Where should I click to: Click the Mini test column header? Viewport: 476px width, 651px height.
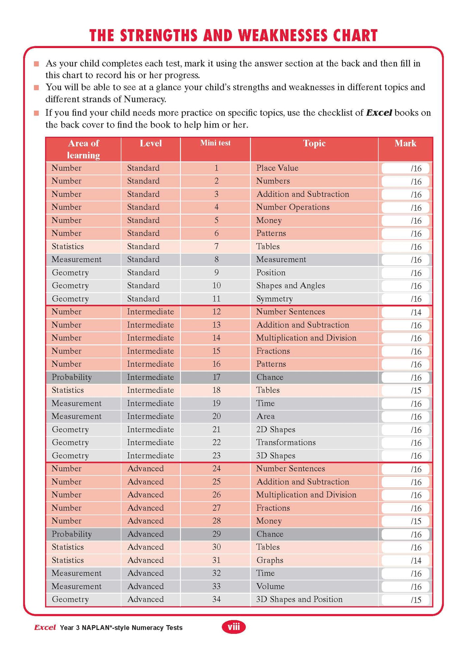[x=215, y=143]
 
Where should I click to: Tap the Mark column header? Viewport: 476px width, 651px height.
[x=405, y=143]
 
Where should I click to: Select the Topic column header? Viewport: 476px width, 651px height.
[x=314, y=143]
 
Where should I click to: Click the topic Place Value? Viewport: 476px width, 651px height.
[x=277, y=168]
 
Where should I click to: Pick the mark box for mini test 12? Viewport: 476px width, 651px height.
[x=405, y=312]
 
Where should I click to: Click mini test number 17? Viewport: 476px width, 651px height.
[x=216, y=377]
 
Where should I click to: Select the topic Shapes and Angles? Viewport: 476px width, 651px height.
[x=291, y=286]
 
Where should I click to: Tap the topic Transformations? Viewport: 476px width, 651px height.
[x=286, y=442]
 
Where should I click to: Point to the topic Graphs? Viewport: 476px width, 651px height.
[x=269, y=560]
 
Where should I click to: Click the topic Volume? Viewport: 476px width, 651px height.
[x=270, y=586]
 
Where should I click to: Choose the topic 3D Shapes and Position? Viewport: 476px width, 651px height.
[x=299, y=599]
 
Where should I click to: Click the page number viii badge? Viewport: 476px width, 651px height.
[x=234, y=627]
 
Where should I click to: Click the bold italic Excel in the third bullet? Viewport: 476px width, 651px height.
[x=379, y=113]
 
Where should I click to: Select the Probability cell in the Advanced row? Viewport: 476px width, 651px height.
[x=71, y=534]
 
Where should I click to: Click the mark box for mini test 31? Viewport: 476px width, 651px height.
[x=405, y=561]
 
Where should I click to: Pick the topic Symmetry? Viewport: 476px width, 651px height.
[x=274, y=299]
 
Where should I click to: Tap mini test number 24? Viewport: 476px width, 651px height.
[x=216, y=468]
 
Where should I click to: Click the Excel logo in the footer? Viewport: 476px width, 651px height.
[x=45, y=628]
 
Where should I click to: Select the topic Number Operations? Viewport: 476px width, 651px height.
[x=293, y=207]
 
